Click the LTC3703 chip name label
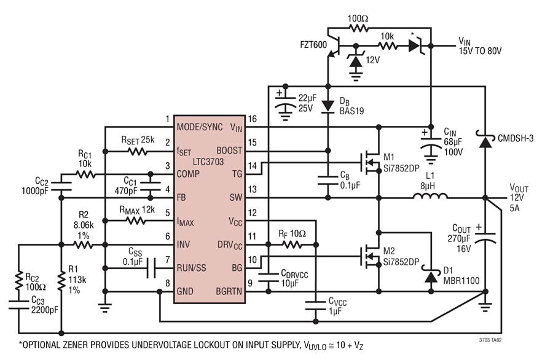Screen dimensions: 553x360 208,162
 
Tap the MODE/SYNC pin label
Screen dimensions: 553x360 200,127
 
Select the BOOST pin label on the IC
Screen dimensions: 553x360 229,151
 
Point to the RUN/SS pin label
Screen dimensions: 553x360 191,268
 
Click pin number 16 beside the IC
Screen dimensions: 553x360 252,119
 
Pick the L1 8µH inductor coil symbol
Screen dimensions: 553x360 430,196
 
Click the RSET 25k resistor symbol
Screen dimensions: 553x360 138,152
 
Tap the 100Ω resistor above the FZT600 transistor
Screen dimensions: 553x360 358,28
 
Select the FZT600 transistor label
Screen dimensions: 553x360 313,45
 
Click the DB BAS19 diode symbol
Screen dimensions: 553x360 328,106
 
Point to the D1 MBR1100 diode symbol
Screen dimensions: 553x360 431,276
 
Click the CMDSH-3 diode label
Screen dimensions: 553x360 516,138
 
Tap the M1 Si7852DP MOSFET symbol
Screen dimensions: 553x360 371,163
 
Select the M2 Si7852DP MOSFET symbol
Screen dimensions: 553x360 371,256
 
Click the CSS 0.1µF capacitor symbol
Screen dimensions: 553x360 151,268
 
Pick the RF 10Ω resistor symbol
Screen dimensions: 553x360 292,245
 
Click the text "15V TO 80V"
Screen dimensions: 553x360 480,51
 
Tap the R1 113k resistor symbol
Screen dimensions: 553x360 61,281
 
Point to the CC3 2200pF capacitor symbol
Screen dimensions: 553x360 18,304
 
